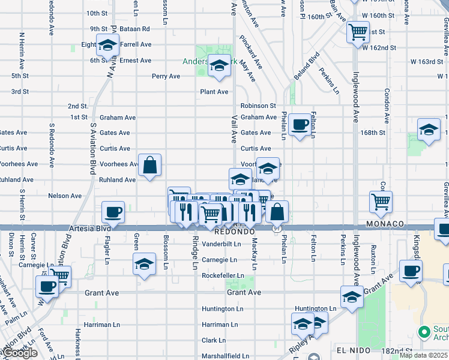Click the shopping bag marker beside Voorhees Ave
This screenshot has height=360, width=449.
point(149,164)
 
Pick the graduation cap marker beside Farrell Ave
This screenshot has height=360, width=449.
point(108,46)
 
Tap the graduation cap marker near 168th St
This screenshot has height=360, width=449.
point(429,130)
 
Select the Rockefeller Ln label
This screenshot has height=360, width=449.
point(223,276)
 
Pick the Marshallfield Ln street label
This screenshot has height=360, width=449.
point(225,356)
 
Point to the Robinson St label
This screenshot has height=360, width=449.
point(258,106)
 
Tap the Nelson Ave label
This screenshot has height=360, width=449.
point(65,196)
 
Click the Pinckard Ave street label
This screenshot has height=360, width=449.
point(250,50)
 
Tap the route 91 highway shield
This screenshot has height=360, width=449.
point(276,228)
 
